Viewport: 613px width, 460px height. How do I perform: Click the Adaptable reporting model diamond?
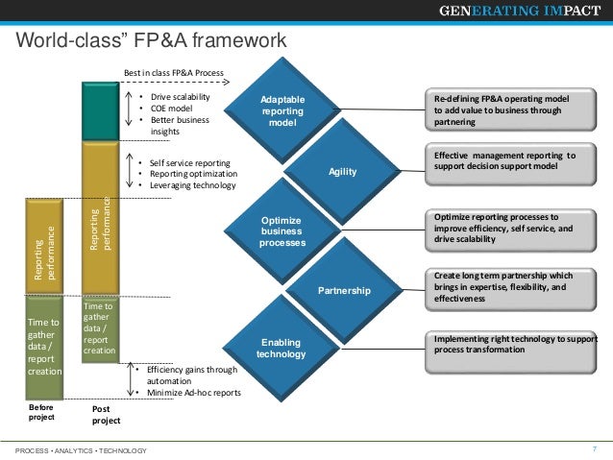coord(282,111)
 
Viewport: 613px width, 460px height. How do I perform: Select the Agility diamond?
coord(342,171)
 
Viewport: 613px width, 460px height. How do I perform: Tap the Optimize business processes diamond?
coord(282,231)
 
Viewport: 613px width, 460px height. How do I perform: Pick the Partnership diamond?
coord(342,290)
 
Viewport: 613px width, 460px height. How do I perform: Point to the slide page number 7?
coord(595,448)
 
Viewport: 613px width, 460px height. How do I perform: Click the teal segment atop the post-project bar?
coord(100,111)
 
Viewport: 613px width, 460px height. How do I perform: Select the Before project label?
coord(43,412)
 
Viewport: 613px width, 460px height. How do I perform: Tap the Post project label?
coord(107,414)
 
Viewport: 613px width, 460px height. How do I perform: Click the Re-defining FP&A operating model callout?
coord(511,110)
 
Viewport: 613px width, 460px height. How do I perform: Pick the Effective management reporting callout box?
coord(511,161)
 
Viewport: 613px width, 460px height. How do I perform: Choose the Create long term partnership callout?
coord(511,286)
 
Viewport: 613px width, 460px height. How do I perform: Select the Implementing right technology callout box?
coord(511,344)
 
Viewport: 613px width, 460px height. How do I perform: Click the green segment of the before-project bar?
coord(43,345)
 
